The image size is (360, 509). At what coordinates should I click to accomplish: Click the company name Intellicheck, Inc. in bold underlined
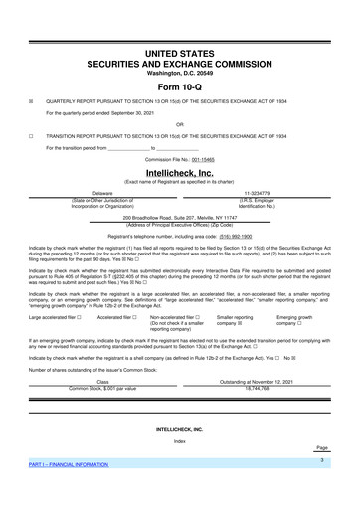(180, 171)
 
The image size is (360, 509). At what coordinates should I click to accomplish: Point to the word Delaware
(102, 193)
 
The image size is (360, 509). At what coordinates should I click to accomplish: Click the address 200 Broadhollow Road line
(180, 216)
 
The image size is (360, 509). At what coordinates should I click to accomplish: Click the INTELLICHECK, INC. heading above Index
(180, 429)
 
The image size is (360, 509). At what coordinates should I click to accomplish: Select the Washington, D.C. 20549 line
(180, 72)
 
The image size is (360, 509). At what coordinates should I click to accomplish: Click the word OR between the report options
(180, 124)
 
